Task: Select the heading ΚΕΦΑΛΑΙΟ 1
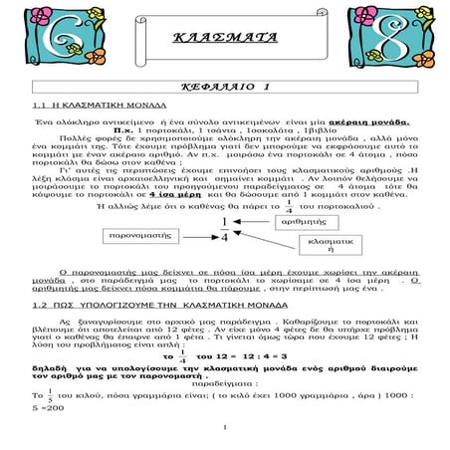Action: point(225,88)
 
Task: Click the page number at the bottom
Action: point(226,429)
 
